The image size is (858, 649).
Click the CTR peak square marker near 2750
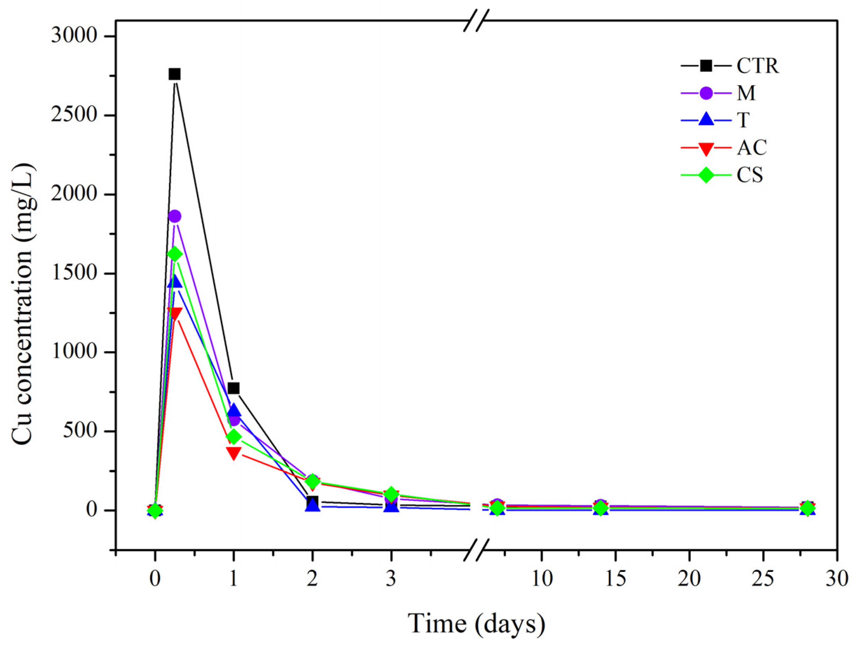click(174, 74)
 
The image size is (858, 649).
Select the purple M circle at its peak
click(174, 216)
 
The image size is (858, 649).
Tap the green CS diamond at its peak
click(174, 254)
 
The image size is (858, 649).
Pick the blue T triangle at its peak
click(174, 281)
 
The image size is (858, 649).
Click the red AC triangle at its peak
click(174, 313)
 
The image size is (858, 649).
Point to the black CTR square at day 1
click(233, 388)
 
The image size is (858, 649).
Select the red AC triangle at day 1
click(233, 453)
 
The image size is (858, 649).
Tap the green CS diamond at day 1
click(233, 437)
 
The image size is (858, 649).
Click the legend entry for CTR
click(757, 66)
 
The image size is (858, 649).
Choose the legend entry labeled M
click(746, 93)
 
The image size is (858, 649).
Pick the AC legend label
click(752, 148)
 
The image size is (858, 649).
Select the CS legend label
click(749, 175)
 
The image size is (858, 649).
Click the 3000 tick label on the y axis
click(73, 36)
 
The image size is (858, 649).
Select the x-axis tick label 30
click(837, 579)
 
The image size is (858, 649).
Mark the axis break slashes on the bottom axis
click(477, 550)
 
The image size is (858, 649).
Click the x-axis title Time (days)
click(476, 623)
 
